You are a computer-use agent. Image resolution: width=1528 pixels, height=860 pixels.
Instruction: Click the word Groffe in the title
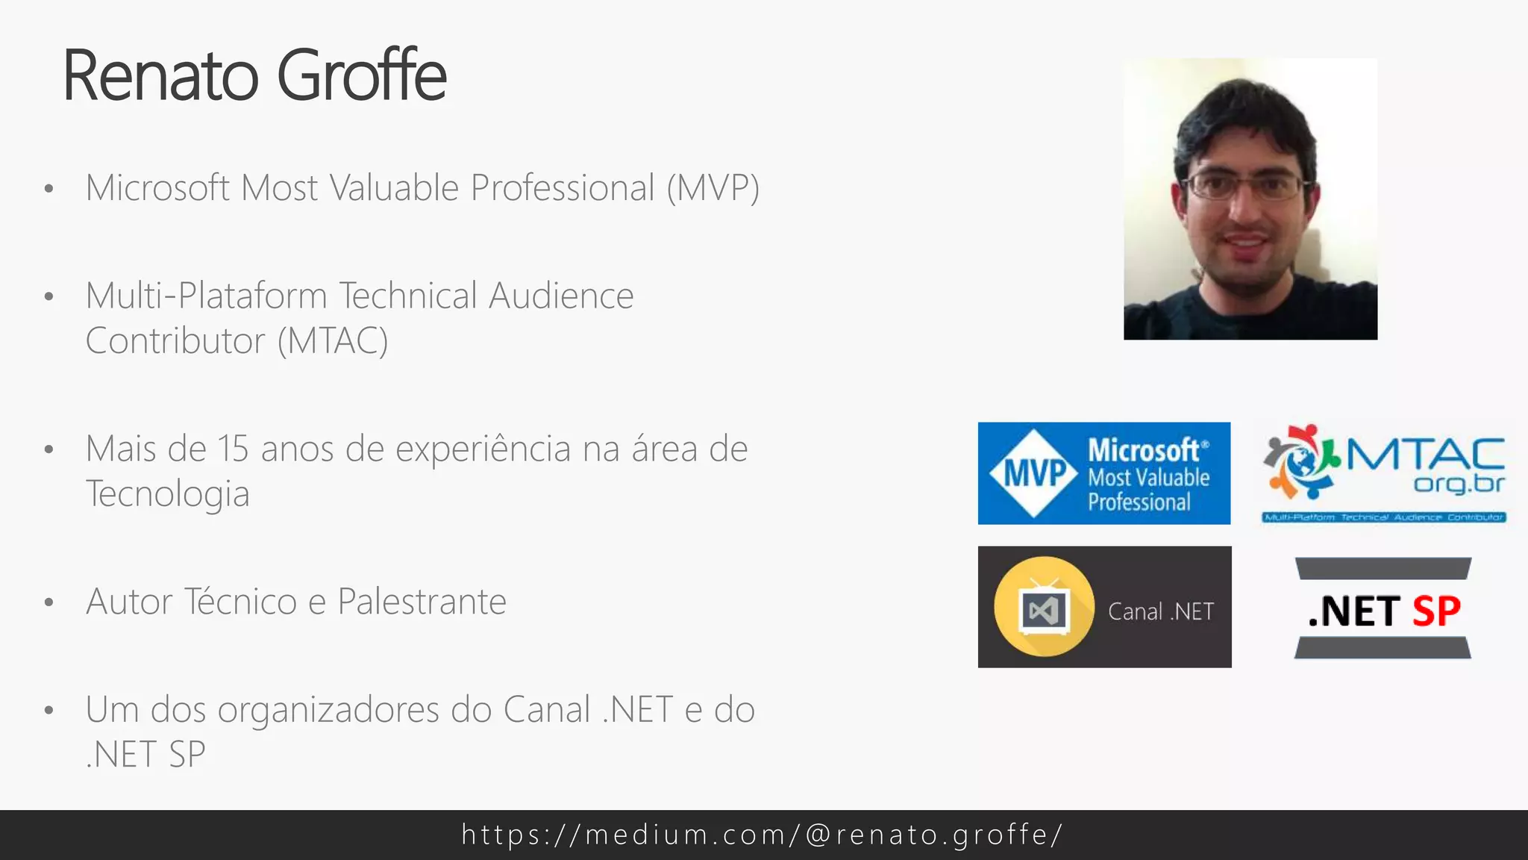click(362, 75)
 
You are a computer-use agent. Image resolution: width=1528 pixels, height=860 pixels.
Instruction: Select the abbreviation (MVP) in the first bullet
click(713, 187)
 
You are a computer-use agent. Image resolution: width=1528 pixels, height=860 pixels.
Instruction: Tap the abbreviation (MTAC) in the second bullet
click(333, 341)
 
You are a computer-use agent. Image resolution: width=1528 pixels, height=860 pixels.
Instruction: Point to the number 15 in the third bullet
click(233, 449)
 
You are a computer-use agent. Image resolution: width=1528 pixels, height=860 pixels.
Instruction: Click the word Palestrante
click(422, 602)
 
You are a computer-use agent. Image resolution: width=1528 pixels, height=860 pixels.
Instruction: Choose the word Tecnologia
click(167, 494)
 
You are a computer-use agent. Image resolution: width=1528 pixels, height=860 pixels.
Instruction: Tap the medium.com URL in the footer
click(763, 835)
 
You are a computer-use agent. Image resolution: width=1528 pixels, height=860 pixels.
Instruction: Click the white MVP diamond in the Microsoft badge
click(1034, 473)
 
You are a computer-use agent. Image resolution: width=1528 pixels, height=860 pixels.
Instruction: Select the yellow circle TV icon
click(1044, 607)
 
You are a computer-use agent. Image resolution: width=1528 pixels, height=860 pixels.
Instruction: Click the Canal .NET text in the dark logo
click(1161, 611)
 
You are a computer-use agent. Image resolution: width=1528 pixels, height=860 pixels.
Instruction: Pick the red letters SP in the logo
click(1436, 611)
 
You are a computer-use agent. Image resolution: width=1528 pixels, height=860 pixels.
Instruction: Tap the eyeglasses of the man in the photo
click(1244, 185)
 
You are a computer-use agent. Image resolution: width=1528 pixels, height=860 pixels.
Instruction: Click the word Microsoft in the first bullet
click(157, 187)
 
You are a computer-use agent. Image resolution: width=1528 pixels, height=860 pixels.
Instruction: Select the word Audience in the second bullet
click(561, 296)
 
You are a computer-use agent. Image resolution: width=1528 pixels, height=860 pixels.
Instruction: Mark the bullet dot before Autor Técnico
click(49, 602)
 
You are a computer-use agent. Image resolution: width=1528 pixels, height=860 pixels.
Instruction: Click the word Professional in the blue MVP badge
click(1139, 502)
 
